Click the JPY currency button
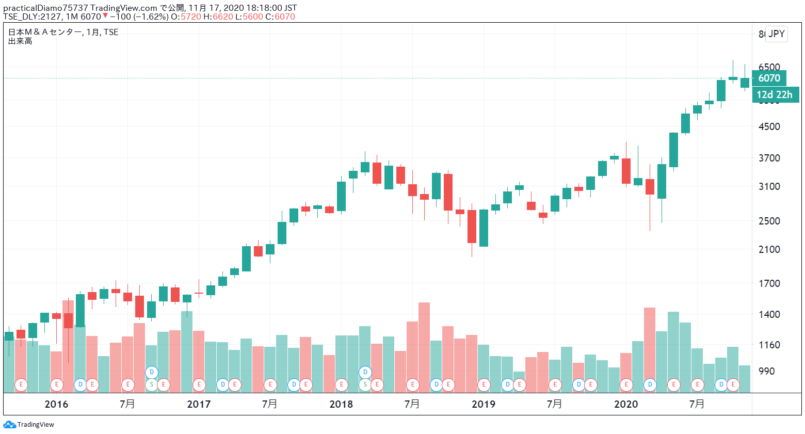pyautogui.click(x=776, y=34)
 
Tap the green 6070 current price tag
pyautogui.click(x=769, y=78)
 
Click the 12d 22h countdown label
pyautogui.click(x=775, y=94)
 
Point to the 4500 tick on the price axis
pyautogui.click(x=769, y=126)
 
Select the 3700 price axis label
pyautogui.click(x=769, y=158)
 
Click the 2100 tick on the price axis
pyautogui.click(x=769, y=249)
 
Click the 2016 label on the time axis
pyautogui.click(x=56, y=404)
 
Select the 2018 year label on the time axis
pyautogui.click(x=341, y=404)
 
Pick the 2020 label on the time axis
pyautogui.click(x=626, y=404)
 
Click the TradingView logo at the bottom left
pyautogui.click(x=29, y=425)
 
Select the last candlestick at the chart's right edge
pyautogui.click(x=745, y=83)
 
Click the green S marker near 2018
pyautogui.click(x=365, y=384)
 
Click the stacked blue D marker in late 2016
pyautogui.click(x=152, y=372)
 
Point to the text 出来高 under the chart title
pyautogui.click(x=20, y=41)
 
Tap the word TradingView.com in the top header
pyautogui.click(x=124, y=8)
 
